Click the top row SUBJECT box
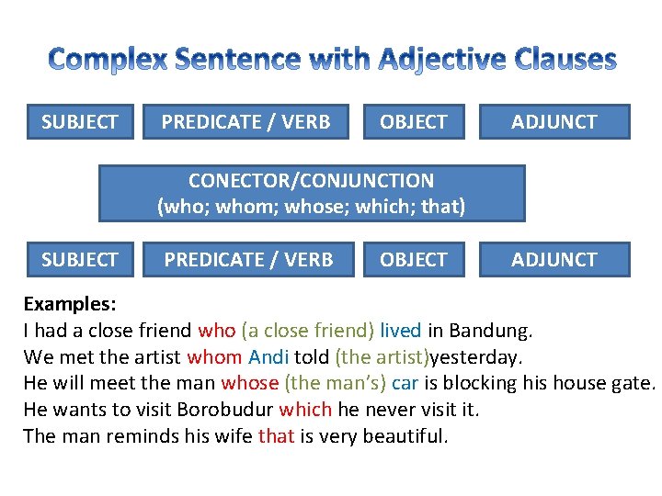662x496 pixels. (x=80, y=121)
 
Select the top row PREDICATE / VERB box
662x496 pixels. (x=246, y=121)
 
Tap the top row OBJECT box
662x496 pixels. (x=414, y=121)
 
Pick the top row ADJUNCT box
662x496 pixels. (x=554, y=121)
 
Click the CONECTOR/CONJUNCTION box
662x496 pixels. (x=312, y=194)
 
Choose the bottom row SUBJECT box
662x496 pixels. (x=80, y=260)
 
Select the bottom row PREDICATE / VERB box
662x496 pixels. (x=248, y=260)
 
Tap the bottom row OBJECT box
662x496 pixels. (x=414, y=260)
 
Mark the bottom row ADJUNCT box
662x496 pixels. (x=554, y=260)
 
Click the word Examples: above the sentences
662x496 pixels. (x=69, y=304)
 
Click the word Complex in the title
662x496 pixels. (x=108, y=61)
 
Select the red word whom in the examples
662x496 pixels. (x=213, y=356)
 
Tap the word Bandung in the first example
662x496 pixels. (x=496, y=330)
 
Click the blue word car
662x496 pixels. (x=405, y=383)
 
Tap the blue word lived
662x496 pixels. (x=400, y=330)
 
